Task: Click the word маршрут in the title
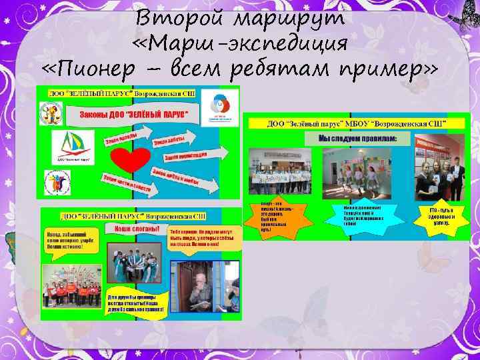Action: pyautogui.click(x=296, y=19)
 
